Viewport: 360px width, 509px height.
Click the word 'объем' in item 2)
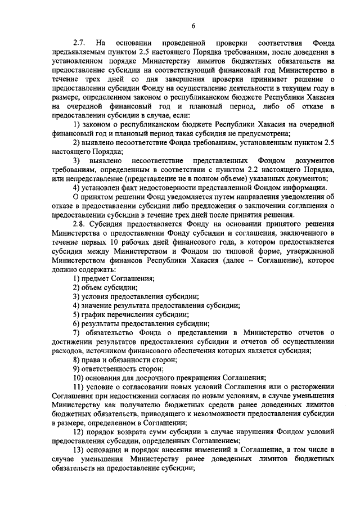[93, 288]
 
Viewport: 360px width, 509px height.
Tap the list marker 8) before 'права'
[76, 359]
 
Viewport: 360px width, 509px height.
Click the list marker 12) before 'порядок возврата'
[79, 431]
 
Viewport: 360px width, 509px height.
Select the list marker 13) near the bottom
[79, 449]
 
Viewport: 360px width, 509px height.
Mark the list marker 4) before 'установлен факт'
[76, 187]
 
